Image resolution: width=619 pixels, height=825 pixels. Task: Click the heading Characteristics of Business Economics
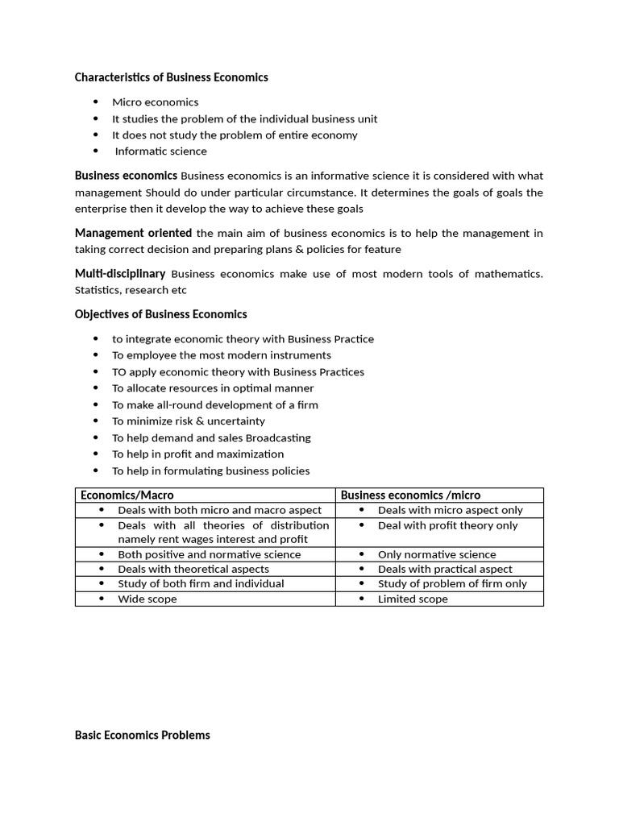click(171, 77)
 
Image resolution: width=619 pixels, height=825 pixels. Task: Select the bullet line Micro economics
click(155, 102)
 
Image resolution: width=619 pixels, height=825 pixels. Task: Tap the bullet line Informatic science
click(160, 151)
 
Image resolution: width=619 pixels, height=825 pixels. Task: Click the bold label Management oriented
click(133, 233)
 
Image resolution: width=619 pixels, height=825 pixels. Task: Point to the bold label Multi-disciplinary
click(120, 274)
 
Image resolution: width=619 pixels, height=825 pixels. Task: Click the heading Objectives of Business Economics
click(160, 314)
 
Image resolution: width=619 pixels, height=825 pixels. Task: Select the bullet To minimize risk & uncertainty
click(188, 421)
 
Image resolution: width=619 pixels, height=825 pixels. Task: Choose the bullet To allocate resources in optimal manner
click(213, 388)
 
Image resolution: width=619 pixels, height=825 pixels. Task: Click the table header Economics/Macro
click(127, 495)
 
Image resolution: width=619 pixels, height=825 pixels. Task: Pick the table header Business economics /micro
click(410, 495)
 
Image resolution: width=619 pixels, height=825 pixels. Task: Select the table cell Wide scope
click(147, 599)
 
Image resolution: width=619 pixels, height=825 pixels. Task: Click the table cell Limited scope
click(413, 599)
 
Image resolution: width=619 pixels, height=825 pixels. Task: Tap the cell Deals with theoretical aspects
click(193, 569)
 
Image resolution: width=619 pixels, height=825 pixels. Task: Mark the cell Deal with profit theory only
click(447, 525)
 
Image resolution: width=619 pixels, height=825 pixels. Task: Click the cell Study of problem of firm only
click(452, 583)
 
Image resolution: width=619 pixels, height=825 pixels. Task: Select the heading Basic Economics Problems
click(142, 735)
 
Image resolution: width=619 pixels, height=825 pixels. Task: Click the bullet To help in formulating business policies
click(210, 471)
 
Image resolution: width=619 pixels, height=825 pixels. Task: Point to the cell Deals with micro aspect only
click(450, 510)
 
